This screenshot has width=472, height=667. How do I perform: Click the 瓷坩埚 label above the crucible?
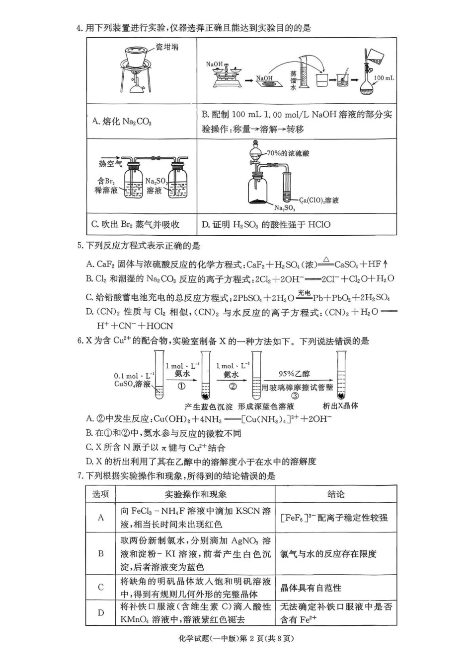(166, 47)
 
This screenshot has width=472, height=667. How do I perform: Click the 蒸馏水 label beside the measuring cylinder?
(293, 80)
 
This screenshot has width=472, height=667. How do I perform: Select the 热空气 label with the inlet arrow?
(110, 164)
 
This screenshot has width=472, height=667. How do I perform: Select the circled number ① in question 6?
(182, 386)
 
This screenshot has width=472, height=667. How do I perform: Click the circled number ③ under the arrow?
(295, 396)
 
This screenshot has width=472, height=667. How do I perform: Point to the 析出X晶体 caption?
(340, 406)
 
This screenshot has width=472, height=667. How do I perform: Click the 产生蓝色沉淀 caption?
(208, 406)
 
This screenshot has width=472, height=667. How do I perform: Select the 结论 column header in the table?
(336, 494)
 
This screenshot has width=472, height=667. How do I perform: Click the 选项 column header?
(100, 494)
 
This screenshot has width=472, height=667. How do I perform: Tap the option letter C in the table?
(101, 588)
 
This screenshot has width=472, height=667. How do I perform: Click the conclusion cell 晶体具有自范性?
(311, 588)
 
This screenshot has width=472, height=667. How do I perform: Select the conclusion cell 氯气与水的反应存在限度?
(328, 554)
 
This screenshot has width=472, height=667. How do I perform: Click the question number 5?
(80, 246)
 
